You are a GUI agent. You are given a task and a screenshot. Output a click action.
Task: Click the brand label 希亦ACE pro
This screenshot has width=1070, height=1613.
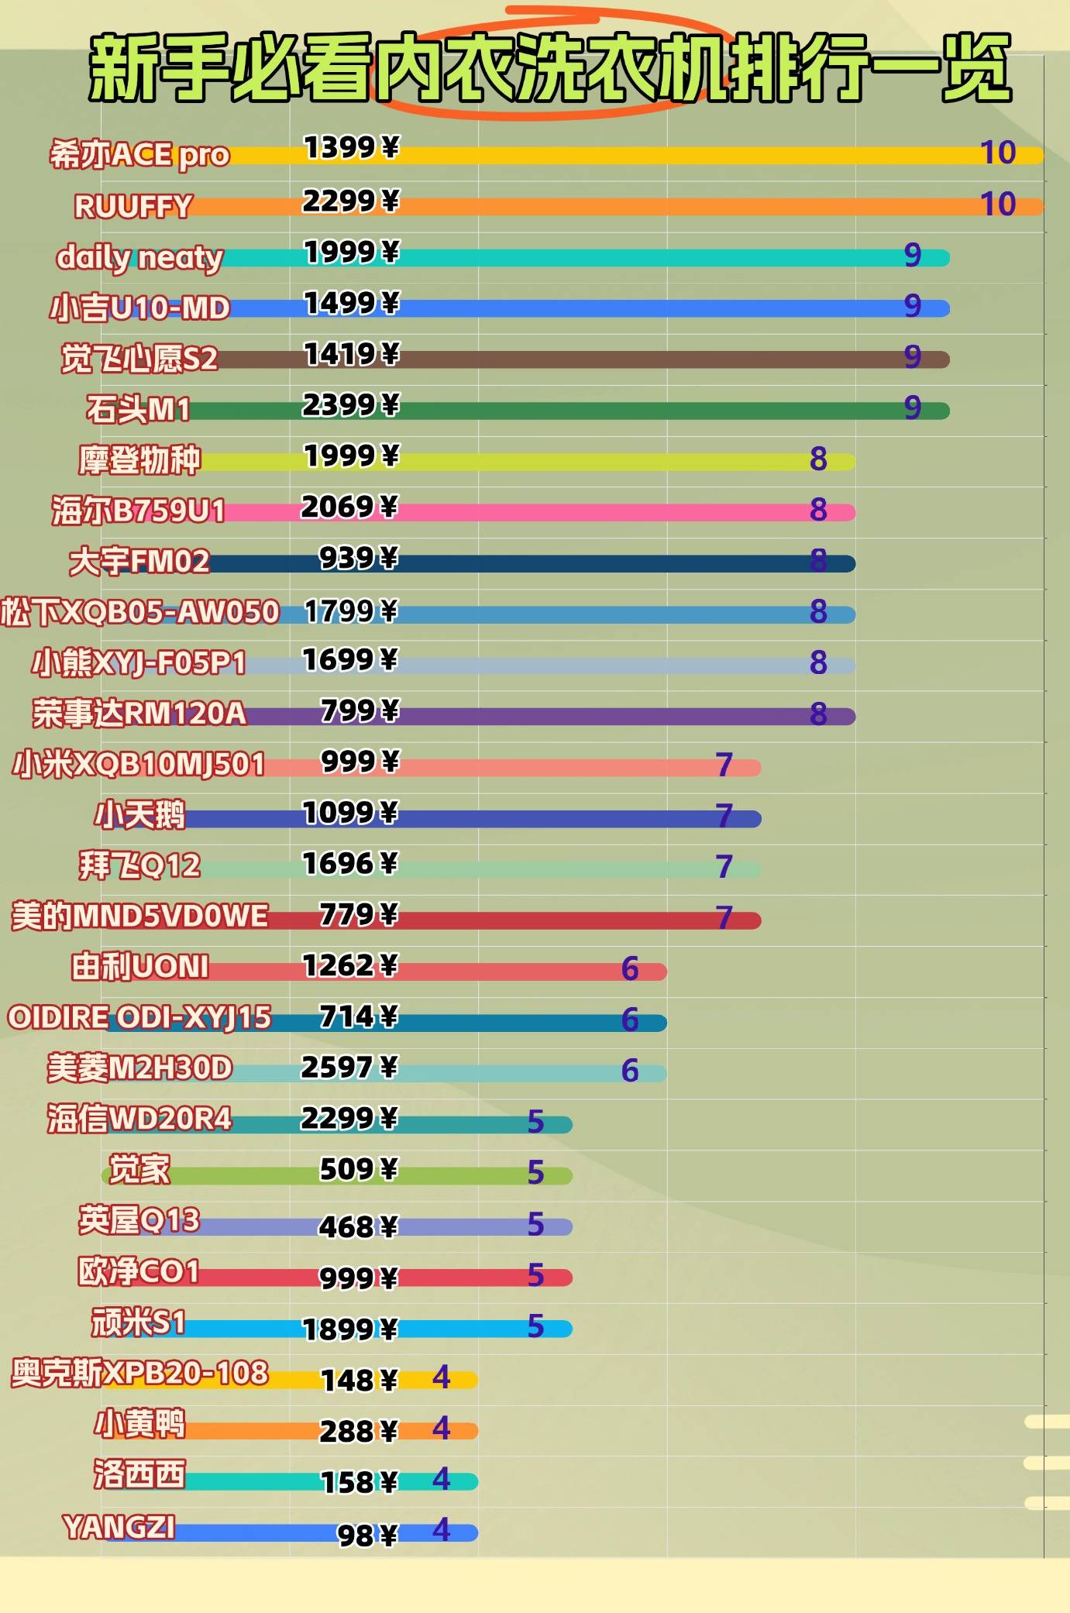tap(139, 155)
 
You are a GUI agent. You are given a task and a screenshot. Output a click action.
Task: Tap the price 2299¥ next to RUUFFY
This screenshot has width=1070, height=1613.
tap(350, 201)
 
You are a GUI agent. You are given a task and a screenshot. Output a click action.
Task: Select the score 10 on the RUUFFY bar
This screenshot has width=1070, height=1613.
tap(997, 205)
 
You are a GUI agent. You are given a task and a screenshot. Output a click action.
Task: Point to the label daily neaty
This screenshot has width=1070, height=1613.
tap(139, 257)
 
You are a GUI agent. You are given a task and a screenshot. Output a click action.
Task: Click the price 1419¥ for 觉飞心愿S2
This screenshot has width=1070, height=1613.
tap(351, 355)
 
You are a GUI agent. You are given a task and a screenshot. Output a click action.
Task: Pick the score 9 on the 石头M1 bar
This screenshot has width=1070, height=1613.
tap(913, 408)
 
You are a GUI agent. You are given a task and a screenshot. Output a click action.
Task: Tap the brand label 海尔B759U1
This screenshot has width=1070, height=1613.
tap(139, 511)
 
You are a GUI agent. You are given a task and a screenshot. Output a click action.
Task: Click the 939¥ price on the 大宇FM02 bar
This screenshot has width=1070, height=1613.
tap(359, 558)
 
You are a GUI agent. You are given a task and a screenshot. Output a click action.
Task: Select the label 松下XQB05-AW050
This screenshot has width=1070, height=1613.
tap(139, 612)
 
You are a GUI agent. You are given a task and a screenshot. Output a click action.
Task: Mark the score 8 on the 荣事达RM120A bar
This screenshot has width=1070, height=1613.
tap(818, 714)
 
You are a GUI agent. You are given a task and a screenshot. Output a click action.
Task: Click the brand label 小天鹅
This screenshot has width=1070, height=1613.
tap(139, 815)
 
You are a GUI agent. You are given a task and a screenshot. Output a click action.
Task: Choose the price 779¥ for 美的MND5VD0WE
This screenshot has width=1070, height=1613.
tap(359, 915)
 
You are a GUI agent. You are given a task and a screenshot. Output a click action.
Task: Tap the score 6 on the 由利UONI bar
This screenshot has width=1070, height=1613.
tap(630, 969)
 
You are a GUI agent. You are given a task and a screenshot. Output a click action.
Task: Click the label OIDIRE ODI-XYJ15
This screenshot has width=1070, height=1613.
tap(139, 1017)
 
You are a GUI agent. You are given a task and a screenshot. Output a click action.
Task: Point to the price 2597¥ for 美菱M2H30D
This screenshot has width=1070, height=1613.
tap(349, 1068)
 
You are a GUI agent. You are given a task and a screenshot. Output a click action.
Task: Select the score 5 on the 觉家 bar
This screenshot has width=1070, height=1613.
tap(535, 1173)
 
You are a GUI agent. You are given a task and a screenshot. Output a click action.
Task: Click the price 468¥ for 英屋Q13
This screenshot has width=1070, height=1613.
tap(358, 1227)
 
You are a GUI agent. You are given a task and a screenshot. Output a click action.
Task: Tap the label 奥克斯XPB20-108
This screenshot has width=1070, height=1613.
tap(139, 1374)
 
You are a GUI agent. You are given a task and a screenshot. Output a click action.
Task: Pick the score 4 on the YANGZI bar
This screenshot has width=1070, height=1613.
tap(441, 1529)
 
